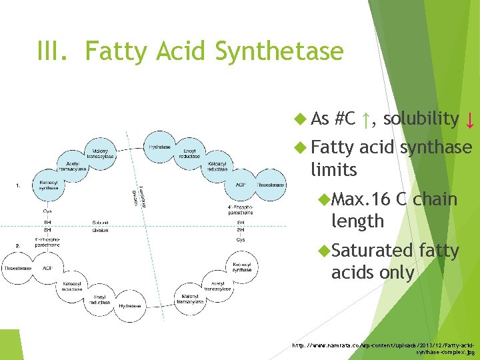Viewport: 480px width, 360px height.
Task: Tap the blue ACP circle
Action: point(240,185)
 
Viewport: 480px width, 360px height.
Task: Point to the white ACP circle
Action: point(47,268)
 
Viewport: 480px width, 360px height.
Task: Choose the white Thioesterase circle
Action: point(17,268)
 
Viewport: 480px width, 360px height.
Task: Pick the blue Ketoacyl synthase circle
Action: point(48,184)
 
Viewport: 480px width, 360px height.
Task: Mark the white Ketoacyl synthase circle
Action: point(242,267)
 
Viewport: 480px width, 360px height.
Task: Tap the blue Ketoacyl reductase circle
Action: point(217,166)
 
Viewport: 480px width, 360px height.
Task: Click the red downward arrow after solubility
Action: point(470,121)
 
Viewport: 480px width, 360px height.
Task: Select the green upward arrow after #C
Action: point(365,120)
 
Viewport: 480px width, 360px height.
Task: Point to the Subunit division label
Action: point(100,226)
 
